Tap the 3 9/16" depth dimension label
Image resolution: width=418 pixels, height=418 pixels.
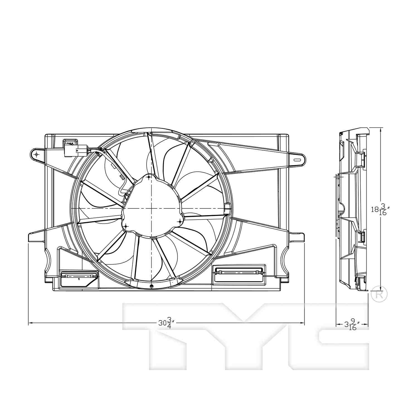coord(352,325)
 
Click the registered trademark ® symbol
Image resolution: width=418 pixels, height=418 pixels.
coord(379,295)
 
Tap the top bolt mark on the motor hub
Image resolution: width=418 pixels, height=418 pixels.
coord(149,177)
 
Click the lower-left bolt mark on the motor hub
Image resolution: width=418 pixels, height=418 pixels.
coord(126,226)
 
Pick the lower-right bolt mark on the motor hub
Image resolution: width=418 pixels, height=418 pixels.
coord(180,222)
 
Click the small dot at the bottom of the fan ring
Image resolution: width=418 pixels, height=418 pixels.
coord(151,286)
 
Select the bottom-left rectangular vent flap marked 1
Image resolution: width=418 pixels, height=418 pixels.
coord(79,278)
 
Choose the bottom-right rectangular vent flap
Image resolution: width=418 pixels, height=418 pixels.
coord(239,274)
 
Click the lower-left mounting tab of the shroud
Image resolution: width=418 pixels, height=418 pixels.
coord(36,237)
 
